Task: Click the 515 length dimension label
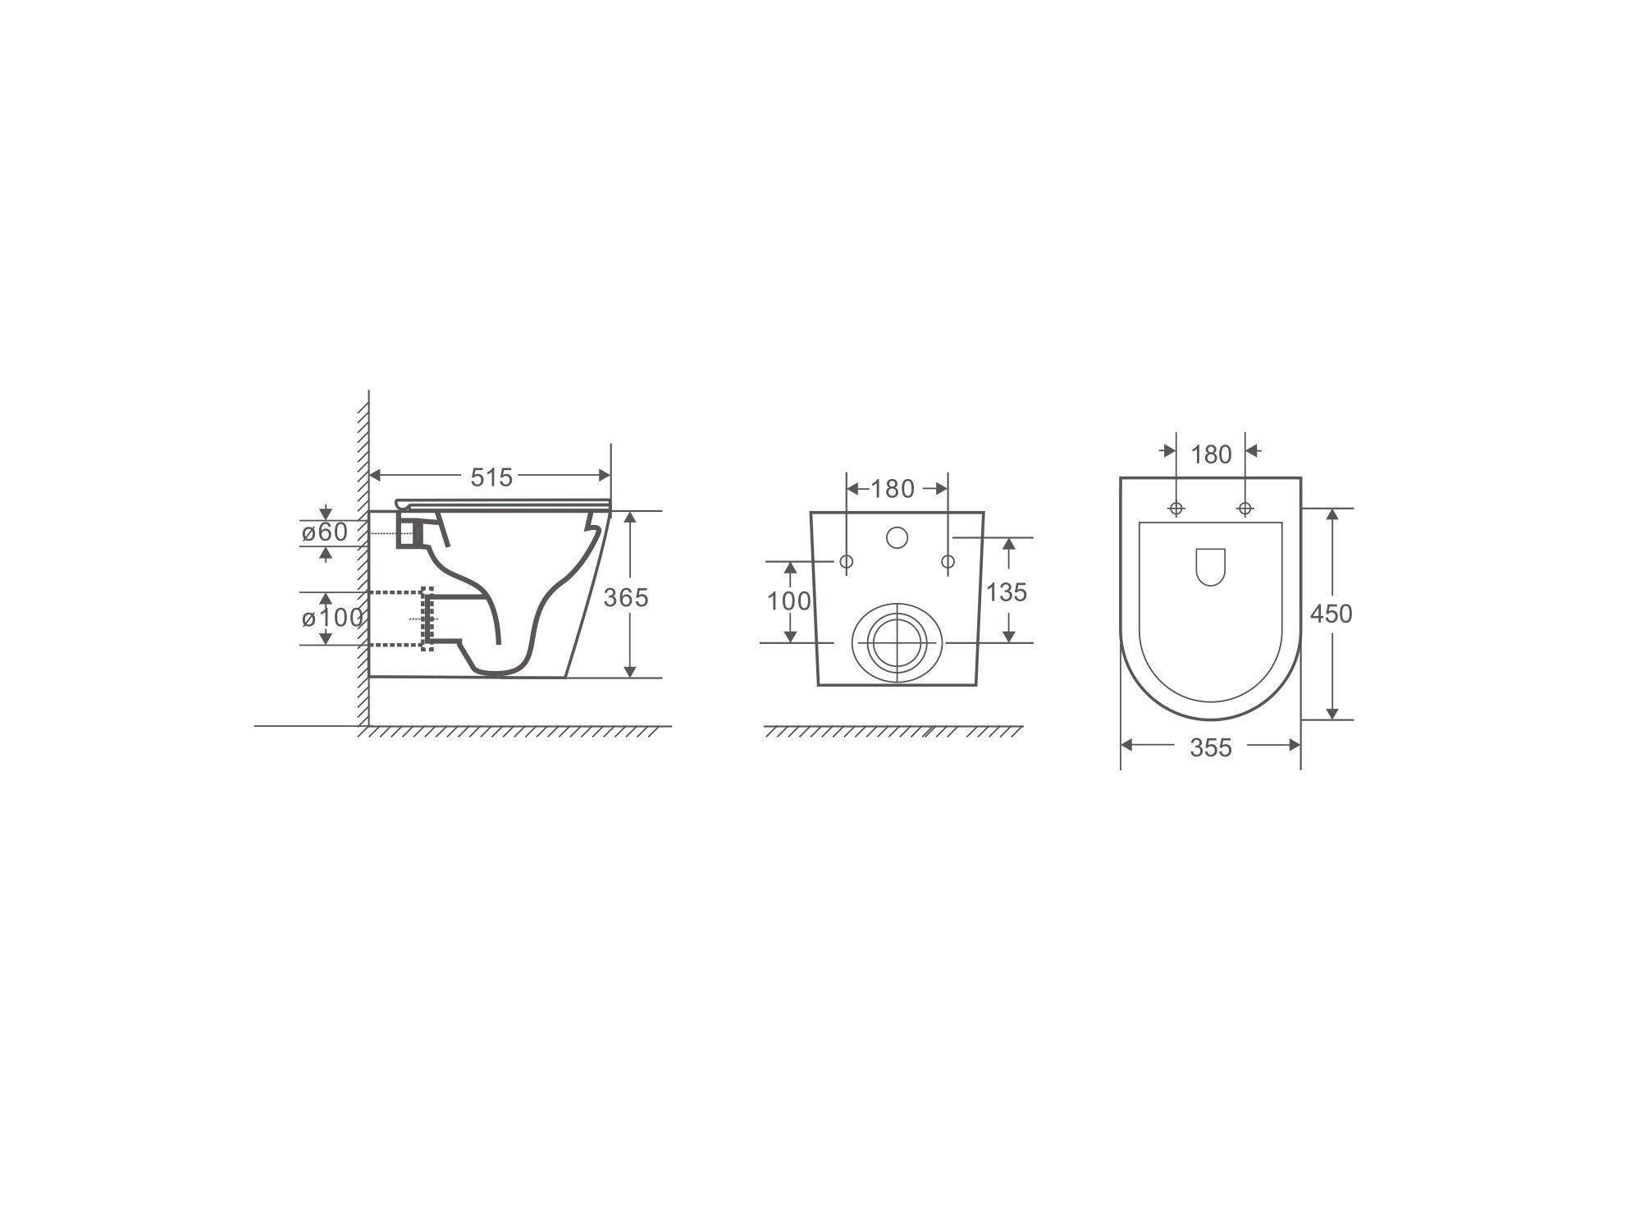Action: point(491,477)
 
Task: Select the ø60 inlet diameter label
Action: point(325,532)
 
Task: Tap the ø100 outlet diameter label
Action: point(332,617)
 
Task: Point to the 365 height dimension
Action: point(626,597)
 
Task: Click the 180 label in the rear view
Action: point(892,489)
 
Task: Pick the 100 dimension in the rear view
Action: point(789,601)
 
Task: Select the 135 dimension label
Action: point(1006,591)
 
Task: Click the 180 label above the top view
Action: point(1211,454)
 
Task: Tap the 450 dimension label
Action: point(1331,614)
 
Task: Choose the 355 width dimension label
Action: point(1211,747)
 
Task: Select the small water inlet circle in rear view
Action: point(897,538)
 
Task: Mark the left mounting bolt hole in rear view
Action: point(847,562)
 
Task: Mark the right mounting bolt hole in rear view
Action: point(948,562)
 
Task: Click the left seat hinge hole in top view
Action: point(1176,509)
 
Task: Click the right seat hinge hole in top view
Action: point(1245,509)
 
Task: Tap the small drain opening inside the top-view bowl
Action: point(1210,567)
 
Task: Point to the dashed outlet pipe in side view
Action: point(398,619)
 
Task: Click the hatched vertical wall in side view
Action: point(363,558)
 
